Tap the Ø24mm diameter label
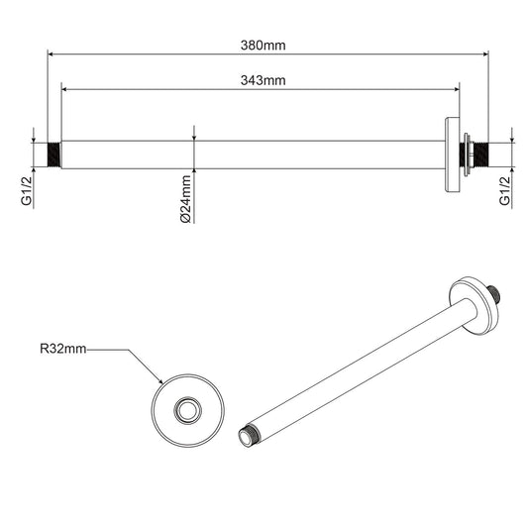(x=185, y=200)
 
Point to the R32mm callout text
(x=63, y=349)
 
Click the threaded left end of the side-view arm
(x=54, y=155)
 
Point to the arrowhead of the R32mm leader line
(x=160, y=381)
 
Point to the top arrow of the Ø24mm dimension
(x=194, y=137)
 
